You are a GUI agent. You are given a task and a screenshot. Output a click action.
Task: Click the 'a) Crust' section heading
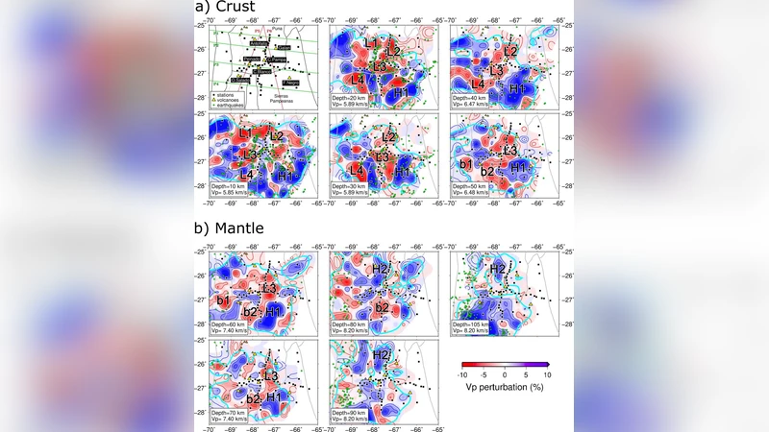[x=230, y=9]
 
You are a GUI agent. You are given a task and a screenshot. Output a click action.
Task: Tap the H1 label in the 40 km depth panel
[x=518, y=88]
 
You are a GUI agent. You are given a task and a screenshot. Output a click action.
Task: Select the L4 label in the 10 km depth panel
[x=245, y=174]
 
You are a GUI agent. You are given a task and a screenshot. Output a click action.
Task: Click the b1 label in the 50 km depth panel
[x=466, y=164]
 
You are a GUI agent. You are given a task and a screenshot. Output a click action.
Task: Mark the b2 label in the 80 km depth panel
[x=382, y=308]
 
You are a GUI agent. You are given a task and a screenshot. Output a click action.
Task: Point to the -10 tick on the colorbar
[x=463, y=375]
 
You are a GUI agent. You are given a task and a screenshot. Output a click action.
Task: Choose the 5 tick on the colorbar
[x=527, y=375]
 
